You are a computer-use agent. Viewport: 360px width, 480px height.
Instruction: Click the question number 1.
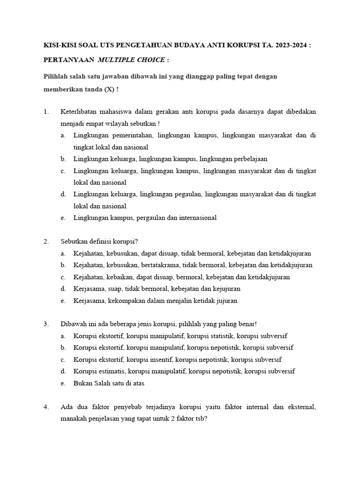pyautogui.click(x=45, y=112)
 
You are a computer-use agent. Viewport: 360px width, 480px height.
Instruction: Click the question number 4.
pyautogui.click(x=45, y=407)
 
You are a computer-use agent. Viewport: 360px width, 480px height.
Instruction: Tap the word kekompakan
pyautogui.click(x=123, y=300)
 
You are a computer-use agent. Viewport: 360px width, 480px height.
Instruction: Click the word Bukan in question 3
pyautogui.click(x=83, y=383)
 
